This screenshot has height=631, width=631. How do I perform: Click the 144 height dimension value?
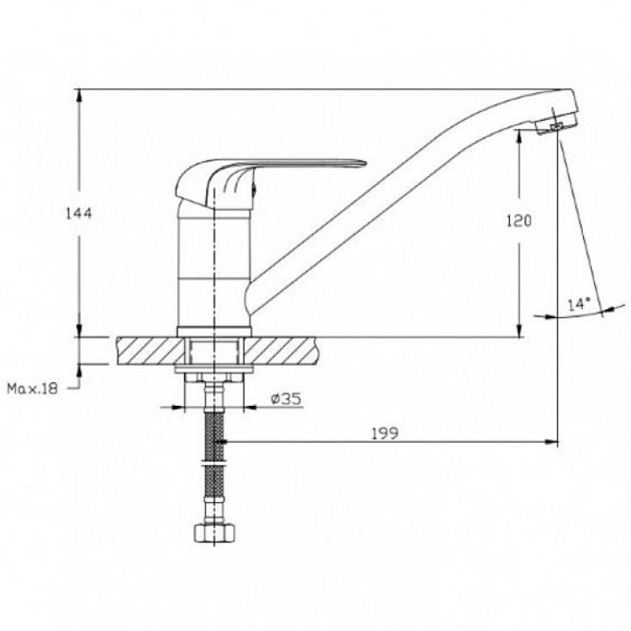79,213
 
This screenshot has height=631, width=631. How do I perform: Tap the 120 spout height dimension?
519,221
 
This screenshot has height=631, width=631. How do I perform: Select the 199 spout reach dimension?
385,434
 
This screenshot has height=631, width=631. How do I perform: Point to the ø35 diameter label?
286,399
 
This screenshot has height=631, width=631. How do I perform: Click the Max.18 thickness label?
32,389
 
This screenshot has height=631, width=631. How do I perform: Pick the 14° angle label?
579,304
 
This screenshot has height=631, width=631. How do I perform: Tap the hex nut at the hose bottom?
215,533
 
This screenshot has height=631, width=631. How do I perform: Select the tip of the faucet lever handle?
365,163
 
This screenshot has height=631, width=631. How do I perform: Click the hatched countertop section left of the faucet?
151,351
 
